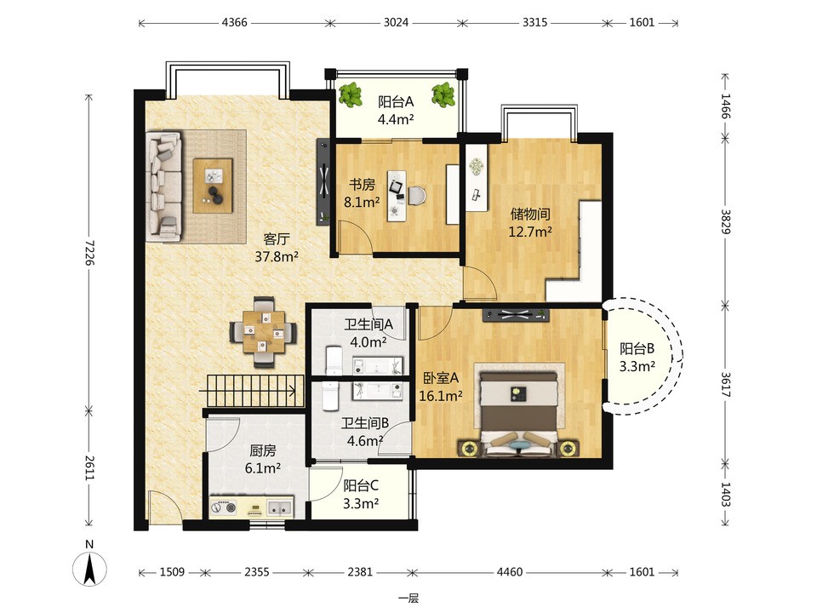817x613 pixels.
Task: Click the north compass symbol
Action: tap(89, 568)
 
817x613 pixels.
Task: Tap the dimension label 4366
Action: tap(234, 22)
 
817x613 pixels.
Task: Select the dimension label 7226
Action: tap(89, 252)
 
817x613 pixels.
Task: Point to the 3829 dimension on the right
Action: tap(726, 221)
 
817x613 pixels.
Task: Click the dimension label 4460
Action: tap(509, 572)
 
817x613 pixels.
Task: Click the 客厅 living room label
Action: tap(276, 238)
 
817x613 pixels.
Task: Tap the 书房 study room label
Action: tap(362, 184)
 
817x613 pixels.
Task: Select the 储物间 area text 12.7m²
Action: tap(530, 232)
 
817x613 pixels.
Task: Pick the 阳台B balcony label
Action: tap(637, 348)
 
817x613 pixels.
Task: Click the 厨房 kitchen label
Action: tap(263, 450)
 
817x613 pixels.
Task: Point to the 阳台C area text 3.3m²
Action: tap(361, 503)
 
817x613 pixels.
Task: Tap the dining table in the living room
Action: tap(264, 332)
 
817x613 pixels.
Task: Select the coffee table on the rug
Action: tap(213, 186)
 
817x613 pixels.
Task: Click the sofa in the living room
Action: tap(163, 186)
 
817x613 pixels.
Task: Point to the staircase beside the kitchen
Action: tap(254, 391)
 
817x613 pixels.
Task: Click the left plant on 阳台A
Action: tap(351, 95)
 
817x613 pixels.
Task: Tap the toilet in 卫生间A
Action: tap(334, 360)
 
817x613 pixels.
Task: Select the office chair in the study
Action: tap(418, 196)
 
